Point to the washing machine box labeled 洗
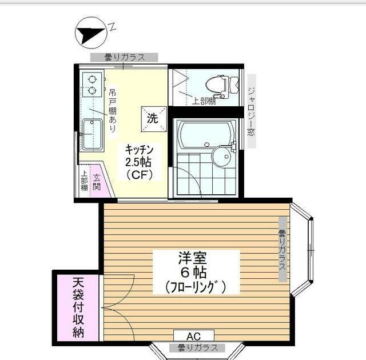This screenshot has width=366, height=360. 152,118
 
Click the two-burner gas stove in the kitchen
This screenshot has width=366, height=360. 91,85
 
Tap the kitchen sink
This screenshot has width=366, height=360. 90,133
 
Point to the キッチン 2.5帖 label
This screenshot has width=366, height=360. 140,161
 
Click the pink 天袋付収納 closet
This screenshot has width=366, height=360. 78,307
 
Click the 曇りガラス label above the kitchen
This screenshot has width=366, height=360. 124,57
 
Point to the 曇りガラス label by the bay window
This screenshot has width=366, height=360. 282,250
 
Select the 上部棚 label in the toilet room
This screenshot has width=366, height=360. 203,101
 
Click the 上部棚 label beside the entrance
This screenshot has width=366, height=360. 83,182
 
